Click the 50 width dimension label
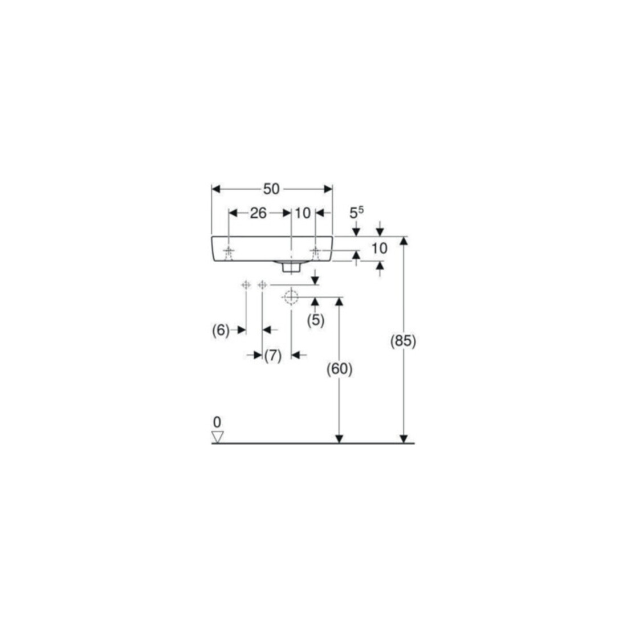pyautogui.click(x=271, y=189)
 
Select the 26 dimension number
pyautogui.click(x=258, y=213)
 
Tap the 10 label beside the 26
pyautogui.click(x=303, y=213)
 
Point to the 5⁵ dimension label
pyautogui.click(x=357, y=213)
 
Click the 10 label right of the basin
pyautogui.click(x=380, y=249)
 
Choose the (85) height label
pyautogui.click(x=403, y=341)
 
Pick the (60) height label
pyautogui.click(x=340, y=369)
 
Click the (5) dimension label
pyautogui.click(x=316, y=320)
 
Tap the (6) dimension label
pyautogui.click(x=221, y=330)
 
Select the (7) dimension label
pyautogui.click(x=272, y=355)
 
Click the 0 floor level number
pyautogui.click(x=217, y=422)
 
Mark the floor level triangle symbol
pyautogui.click(x=218, y=437)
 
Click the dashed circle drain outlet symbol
pyautogui.click(x=290, y=297)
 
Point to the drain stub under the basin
pyautogui.click(x=291, y=267)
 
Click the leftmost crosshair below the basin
pyautogui.click(x=246, y=284)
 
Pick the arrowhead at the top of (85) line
pyautogui.click(x=404, y=241)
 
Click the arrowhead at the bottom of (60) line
pyautogui.click(x=339, y=439)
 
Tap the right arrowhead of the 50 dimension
pyautogui.click(x=328, y=189)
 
